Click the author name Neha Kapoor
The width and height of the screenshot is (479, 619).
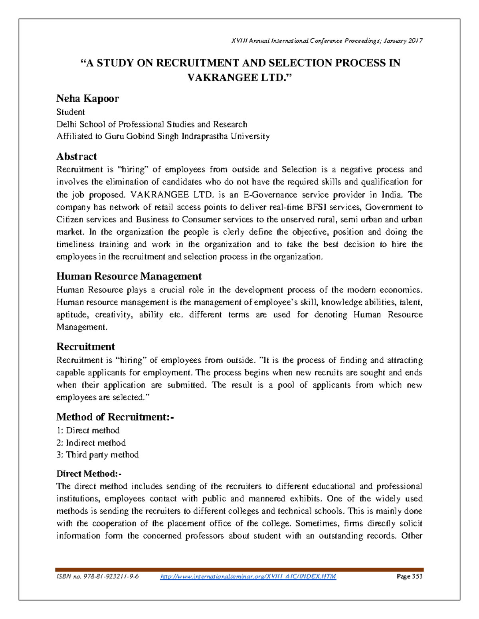87,98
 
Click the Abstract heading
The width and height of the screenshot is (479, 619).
77,156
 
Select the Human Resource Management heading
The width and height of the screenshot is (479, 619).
129,276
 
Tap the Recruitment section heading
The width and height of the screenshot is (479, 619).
85,346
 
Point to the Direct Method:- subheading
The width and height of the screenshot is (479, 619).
89,474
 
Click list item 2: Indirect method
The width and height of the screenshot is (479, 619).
91,442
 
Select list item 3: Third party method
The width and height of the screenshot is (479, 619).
97,455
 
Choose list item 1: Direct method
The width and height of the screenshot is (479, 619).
88,430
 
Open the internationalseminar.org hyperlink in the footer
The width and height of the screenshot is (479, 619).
248,576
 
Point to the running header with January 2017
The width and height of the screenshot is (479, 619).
327,41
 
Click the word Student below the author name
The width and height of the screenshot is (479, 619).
70,112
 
